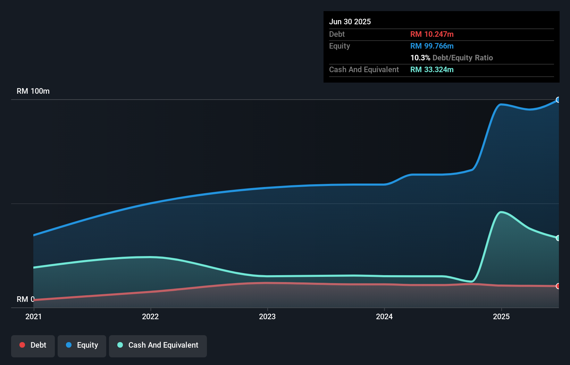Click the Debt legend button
(33, 346)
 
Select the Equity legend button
(82, 346)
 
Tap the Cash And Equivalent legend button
(158, 346)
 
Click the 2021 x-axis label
(33, 316)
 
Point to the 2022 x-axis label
(150, 316)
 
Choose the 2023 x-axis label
(267, 316)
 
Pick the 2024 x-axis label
(384, 316)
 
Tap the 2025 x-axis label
(501, 316)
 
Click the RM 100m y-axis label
(33, 91)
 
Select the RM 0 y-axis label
(25, 299)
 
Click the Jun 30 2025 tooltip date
(350, 22)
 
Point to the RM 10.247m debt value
(432, 34)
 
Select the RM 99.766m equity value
(432, 46)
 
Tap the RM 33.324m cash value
(432, 70)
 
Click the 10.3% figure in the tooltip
(420, 58)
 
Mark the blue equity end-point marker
(558, 100)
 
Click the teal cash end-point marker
(558, 238)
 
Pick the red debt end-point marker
(558, 286)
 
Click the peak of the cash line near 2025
(500, 212)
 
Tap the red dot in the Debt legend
(22, 345)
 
